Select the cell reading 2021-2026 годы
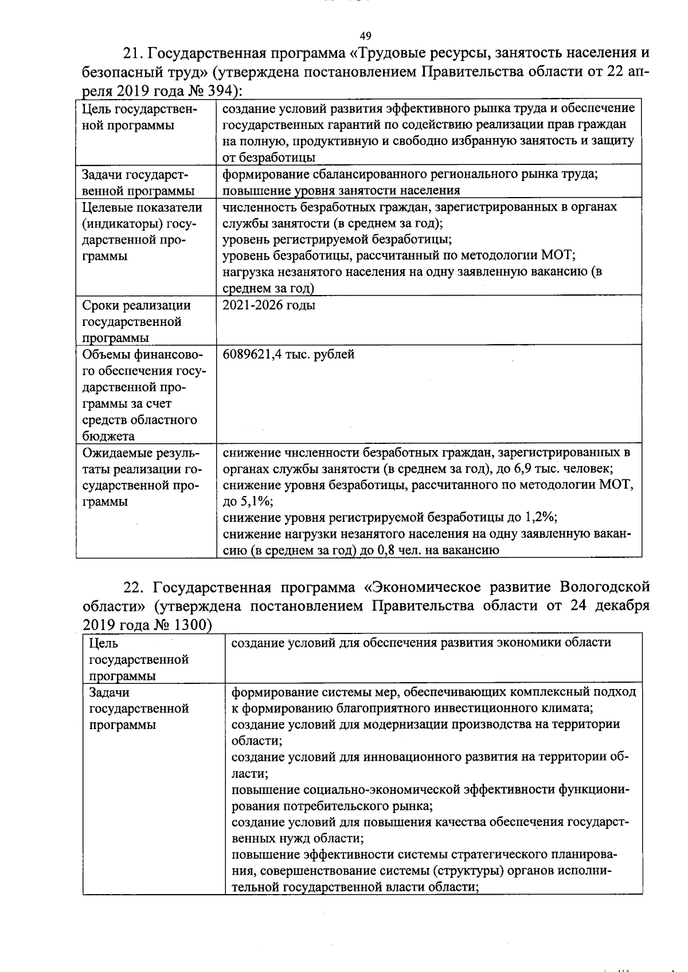[x=269, y=305]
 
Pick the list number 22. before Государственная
[x=136, y=588]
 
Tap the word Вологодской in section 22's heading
[x=605, y=588]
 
